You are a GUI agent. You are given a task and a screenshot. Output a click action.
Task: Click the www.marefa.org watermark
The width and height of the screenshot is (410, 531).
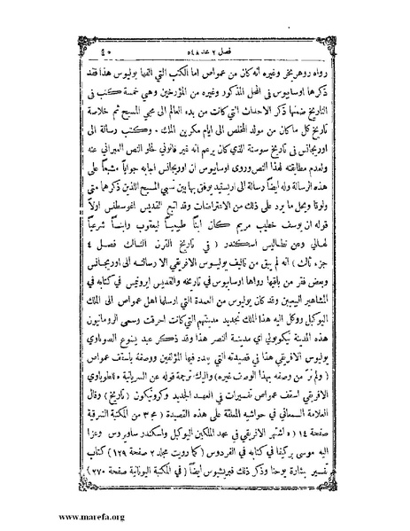(43, 516)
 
